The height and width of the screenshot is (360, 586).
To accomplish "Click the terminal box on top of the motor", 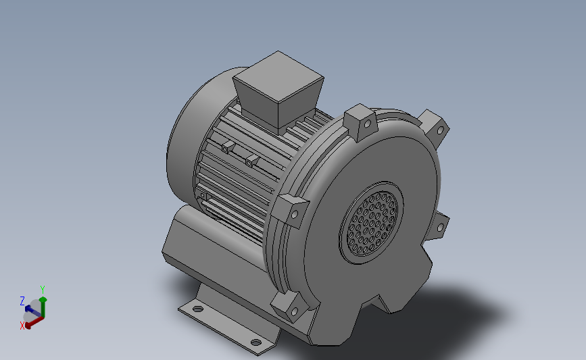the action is coord(278,90).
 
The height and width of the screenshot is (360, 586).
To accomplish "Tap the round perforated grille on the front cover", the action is coord(372,224).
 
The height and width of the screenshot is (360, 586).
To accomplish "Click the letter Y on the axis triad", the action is coord(43,290).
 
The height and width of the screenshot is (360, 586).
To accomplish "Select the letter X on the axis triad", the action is coord(22,326).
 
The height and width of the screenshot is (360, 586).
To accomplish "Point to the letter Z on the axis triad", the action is coord(22,301).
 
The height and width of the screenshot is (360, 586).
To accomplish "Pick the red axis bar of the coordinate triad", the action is coord(34,322).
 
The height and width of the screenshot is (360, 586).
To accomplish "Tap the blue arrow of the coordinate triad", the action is coord(32,311).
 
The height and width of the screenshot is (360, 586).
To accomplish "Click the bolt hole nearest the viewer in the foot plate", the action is coord(255,342).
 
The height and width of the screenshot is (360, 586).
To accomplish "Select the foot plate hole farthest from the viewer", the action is coord(197,309).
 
